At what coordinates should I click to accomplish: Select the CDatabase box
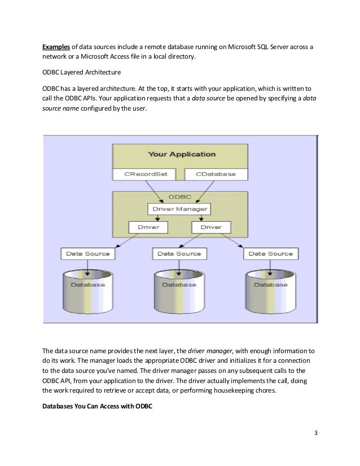pyautogui.click(x=216, y=174)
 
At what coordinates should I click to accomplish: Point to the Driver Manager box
pyautogui.click(x=180, y=209)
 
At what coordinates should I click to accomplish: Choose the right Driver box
pyautogui.click(x=211, y=227)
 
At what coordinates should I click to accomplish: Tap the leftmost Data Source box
pyautogui.click(x=87, y=254)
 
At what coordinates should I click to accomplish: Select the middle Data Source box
pyautogui.click(x=179, y=254)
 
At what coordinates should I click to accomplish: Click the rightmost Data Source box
pyautogui.click(x=271, y=254)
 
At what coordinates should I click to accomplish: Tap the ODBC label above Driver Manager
pyautogui.click(x=180, y=198)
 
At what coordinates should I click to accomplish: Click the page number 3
pyautogui.click(x=316, y=433)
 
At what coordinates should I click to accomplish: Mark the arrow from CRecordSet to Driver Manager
pyautogui.click(x=161, y=192)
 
